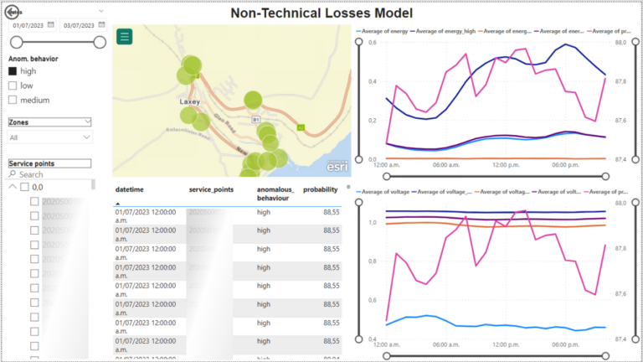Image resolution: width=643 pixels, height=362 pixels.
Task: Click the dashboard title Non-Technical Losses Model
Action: [321, 13]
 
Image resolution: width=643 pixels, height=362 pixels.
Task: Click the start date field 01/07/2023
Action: [32, 26]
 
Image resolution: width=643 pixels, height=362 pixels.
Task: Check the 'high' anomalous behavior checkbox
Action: [13, 72]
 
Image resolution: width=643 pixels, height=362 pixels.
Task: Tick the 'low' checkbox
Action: [13, 86]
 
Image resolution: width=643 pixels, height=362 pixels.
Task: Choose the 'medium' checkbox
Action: [13, 101]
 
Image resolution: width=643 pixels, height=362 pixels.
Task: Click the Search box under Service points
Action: [50, 174]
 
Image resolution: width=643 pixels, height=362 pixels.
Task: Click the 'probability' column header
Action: [321, 190]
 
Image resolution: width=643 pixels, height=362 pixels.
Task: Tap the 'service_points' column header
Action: [211, 190]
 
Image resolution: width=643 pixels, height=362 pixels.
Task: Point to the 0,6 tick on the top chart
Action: [373, 42]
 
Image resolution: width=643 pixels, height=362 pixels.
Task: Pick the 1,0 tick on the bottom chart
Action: [373, 223]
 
